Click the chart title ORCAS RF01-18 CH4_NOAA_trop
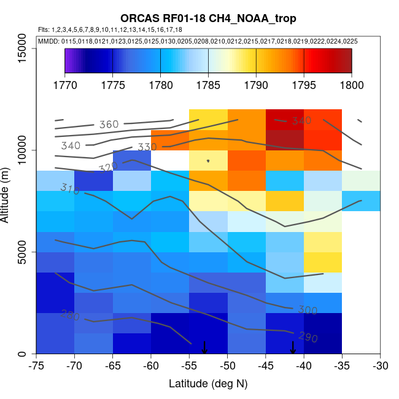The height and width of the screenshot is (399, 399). (x=208, y=19)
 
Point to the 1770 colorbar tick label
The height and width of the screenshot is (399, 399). (x=64, y=85)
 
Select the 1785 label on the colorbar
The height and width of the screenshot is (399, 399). (x=208, y=85)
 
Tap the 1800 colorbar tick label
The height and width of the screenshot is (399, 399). (x=352, y=85)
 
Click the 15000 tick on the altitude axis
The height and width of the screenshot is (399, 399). (x=23, y=48)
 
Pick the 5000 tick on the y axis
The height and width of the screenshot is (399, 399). (x=23, y=252)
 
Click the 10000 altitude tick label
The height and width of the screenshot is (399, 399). (x=23, y=150)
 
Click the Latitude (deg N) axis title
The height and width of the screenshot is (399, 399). (x=208, y=384)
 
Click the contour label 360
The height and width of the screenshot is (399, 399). (x=109, y=125)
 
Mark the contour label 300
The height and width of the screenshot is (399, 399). (x=308, y=311)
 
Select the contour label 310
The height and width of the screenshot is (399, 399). (x=70, y=189)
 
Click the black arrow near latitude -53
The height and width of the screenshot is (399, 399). (x=204, y=347)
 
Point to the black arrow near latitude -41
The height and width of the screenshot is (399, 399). (x=293, y=347)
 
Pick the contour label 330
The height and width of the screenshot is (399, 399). (x=147, y=147)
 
